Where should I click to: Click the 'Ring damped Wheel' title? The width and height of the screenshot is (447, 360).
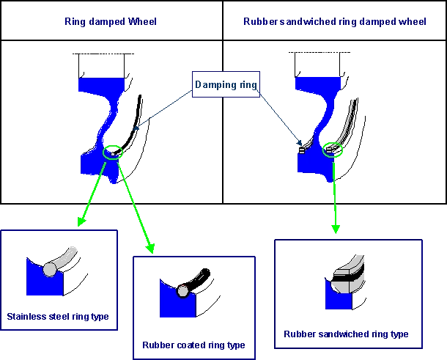point(111,23)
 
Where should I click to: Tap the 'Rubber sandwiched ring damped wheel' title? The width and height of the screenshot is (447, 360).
point(334,23)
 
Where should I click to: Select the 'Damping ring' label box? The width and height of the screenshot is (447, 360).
point(226,86)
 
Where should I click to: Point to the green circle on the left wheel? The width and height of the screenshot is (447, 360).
point(113,152)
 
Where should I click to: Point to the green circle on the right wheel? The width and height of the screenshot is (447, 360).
point(333,150)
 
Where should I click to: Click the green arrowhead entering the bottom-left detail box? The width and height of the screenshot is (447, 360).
point(80,221)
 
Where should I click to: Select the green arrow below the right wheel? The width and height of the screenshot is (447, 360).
point(335,198)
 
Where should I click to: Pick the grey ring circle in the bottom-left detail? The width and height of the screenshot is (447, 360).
point(49,270)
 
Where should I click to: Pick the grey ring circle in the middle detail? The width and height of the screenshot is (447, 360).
point(182,290)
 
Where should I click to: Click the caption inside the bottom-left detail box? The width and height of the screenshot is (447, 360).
point(59,317)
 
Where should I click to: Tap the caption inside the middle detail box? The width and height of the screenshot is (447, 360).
point(193,345)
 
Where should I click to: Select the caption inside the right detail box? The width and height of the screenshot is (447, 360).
point(346,334)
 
